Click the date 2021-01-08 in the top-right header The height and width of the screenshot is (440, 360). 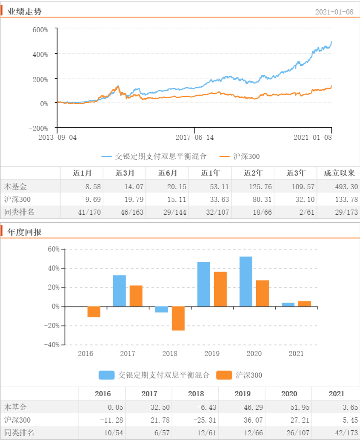pyautogui.click(x=334, y=12)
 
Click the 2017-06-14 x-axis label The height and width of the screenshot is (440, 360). pyautogui.click(x=194, y=137)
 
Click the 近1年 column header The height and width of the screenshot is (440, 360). pyautogui.click(x=210, y=173)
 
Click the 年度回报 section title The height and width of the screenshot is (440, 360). pyautogui.click(x=25, y=232)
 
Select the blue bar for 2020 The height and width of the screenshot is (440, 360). pyautogui.click(x=246, y=281)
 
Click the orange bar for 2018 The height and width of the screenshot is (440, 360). pyautogui.click(x=178, y=318)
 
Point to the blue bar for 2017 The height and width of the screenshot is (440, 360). pyautogui.click(x=119, y=291)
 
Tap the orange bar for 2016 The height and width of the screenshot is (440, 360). pyautogui.click(x=94, y=312)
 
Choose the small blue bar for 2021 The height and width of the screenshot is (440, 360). pyautogui.click(x=288, y=304)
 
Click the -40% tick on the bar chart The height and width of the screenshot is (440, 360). pyautogui.click(x=53, y=345)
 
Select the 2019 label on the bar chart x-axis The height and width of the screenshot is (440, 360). pyautogui.click(x=212, y=354)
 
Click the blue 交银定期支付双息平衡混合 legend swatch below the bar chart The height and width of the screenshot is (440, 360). pyautogui.click(x=106, y=375)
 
